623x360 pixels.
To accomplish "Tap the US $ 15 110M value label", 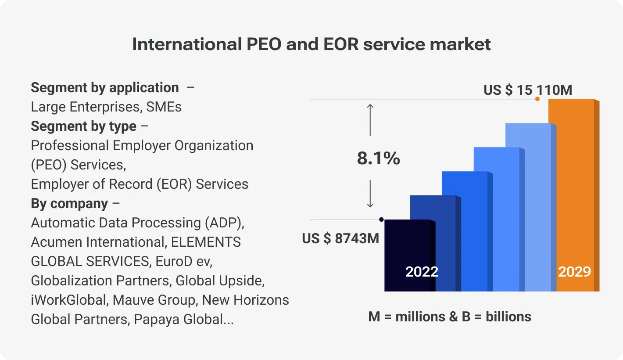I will click(528, 90).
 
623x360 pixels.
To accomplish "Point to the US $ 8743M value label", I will click(340, 238).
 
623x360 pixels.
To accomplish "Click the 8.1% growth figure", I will click(378, 158).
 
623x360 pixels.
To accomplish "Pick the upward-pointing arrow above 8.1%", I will click(370, 119).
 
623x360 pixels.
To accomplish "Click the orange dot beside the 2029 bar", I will click(537, 99).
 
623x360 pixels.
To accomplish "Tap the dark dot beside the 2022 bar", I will click(381, 220).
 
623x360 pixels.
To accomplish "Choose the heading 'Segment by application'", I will click(105, 87).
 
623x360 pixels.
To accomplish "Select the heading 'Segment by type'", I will click(84, 126).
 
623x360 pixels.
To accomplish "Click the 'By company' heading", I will click(69, 203).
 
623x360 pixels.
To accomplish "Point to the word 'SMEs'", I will click(164, 107).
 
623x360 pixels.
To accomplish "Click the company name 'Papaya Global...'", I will click(183, 319).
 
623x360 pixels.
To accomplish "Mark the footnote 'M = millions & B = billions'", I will click(450, 317).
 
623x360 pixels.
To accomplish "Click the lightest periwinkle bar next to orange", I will click(529, 206).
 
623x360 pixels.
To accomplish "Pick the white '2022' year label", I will click(422, 272).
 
